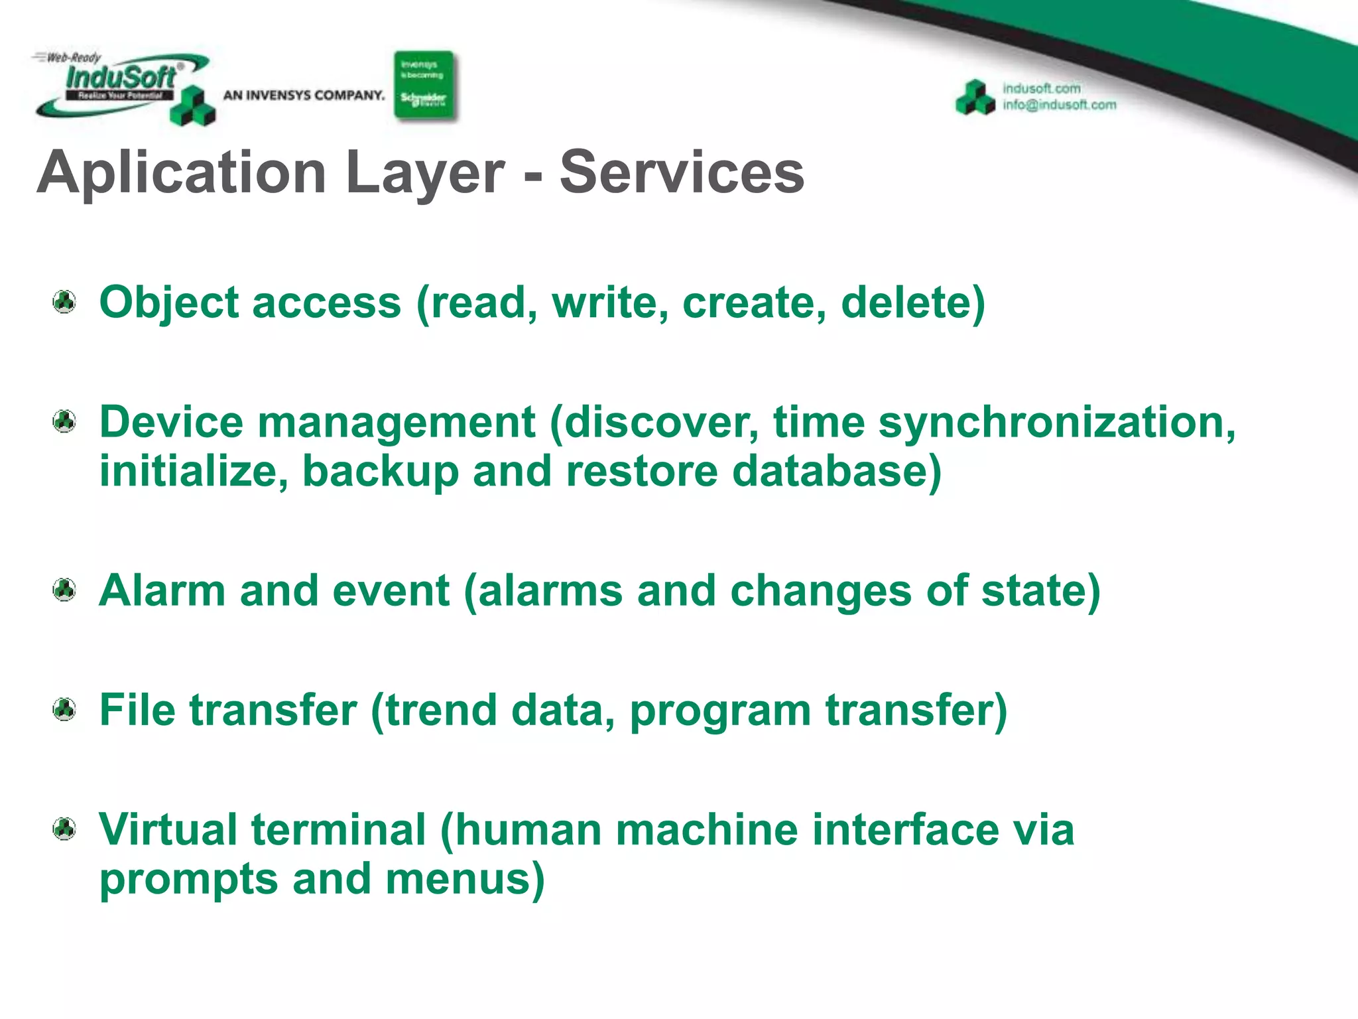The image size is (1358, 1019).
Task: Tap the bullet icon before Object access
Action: point(64,302)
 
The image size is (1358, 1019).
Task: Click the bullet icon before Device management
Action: point(64,421)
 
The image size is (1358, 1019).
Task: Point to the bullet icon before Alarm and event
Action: point(64,590)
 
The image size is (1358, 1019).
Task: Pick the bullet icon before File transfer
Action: point(64,710)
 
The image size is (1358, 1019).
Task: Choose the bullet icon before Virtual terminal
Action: point(64,829)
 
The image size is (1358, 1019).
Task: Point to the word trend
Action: point(441,711)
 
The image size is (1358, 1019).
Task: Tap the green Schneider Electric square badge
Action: point(424,86)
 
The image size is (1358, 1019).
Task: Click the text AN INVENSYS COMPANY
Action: point(304,96)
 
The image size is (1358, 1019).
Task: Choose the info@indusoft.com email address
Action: point(1059,105)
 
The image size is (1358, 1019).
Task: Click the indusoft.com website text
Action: point(1041,88)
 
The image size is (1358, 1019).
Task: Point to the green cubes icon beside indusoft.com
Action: point(975,98)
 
